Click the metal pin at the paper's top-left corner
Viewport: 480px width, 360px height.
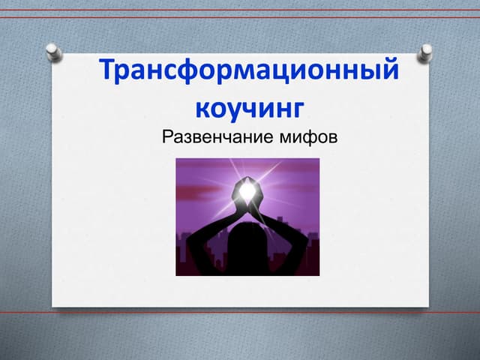pyautogui.click(x=53, y=52)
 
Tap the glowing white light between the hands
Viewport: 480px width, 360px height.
pyautogui.click(x=247, y=192)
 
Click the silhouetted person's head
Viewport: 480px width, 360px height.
pyautogui.click(x=247, y=244)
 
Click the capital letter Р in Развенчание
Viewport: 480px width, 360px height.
pyautogui.click(x=167, y=139)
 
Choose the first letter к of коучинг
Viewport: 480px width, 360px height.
pyautogui.click(x=202, y=107)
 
